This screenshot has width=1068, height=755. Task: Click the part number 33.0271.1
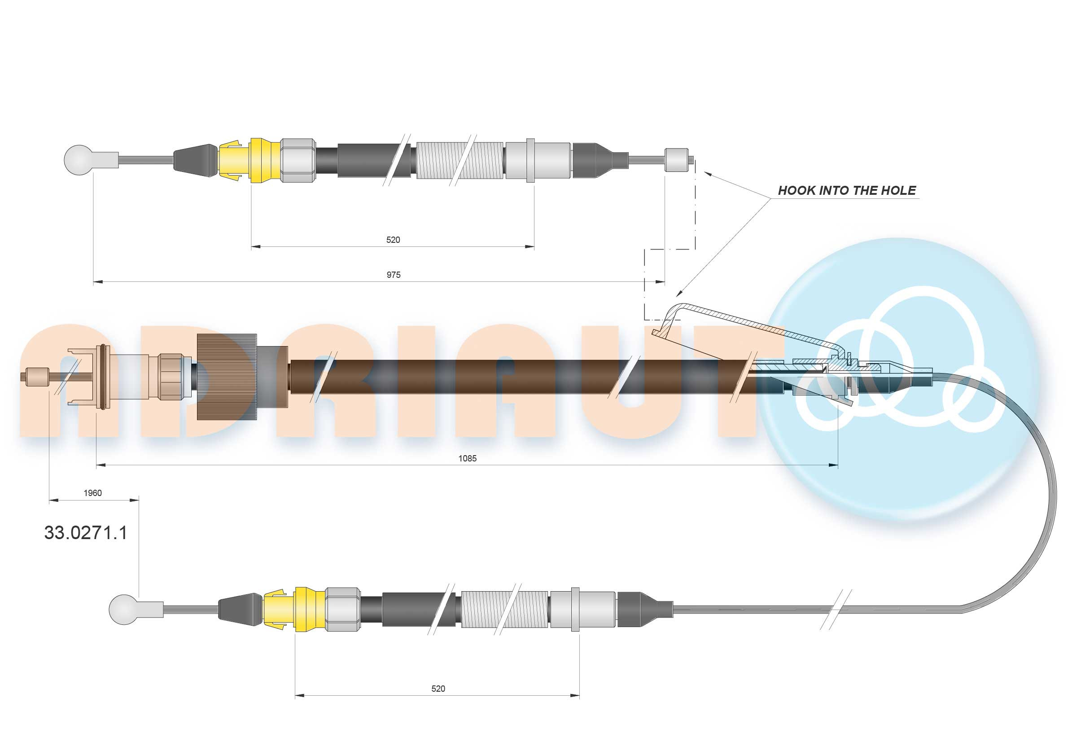pyautogui.click(x=86, y=533)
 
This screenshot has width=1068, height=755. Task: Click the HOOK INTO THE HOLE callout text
pyautogui.click(x=847, y=190)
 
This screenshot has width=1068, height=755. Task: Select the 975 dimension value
pyautogui.click(x=393, y=275)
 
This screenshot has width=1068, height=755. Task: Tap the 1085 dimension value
pyautogui.click(x=467, y=458)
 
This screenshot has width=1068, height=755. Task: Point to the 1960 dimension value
pyautogui.click(x=92, y=493)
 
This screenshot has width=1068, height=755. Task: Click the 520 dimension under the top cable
pyautogui.click(x=393, y=240)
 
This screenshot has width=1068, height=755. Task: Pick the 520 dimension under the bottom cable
pyautogui.click(x=438, y=689)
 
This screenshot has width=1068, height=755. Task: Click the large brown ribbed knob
pyautogui.click(x=227, y=376)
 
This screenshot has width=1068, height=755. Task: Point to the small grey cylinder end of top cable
pyautogui.click(x=677, y=160)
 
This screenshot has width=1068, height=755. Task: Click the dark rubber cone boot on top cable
pyautogui.click(x=195, y=160)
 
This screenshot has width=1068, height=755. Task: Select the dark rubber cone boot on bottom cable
pyautogui.click(x=238, y=609)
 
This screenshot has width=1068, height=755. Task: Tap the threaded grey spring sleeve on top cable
pyautogui.click(x=460, y=160)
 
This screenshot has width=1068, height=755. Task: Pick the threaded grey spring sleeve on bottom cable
pyautogui.click(x=504, y=609)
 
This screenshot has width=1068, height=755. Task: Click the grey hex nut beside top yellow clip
pyautogui.click(x=298, y=160)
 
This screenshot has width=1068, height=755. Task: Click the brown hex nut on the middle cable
pyautogui.click(x=169, y=376)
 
